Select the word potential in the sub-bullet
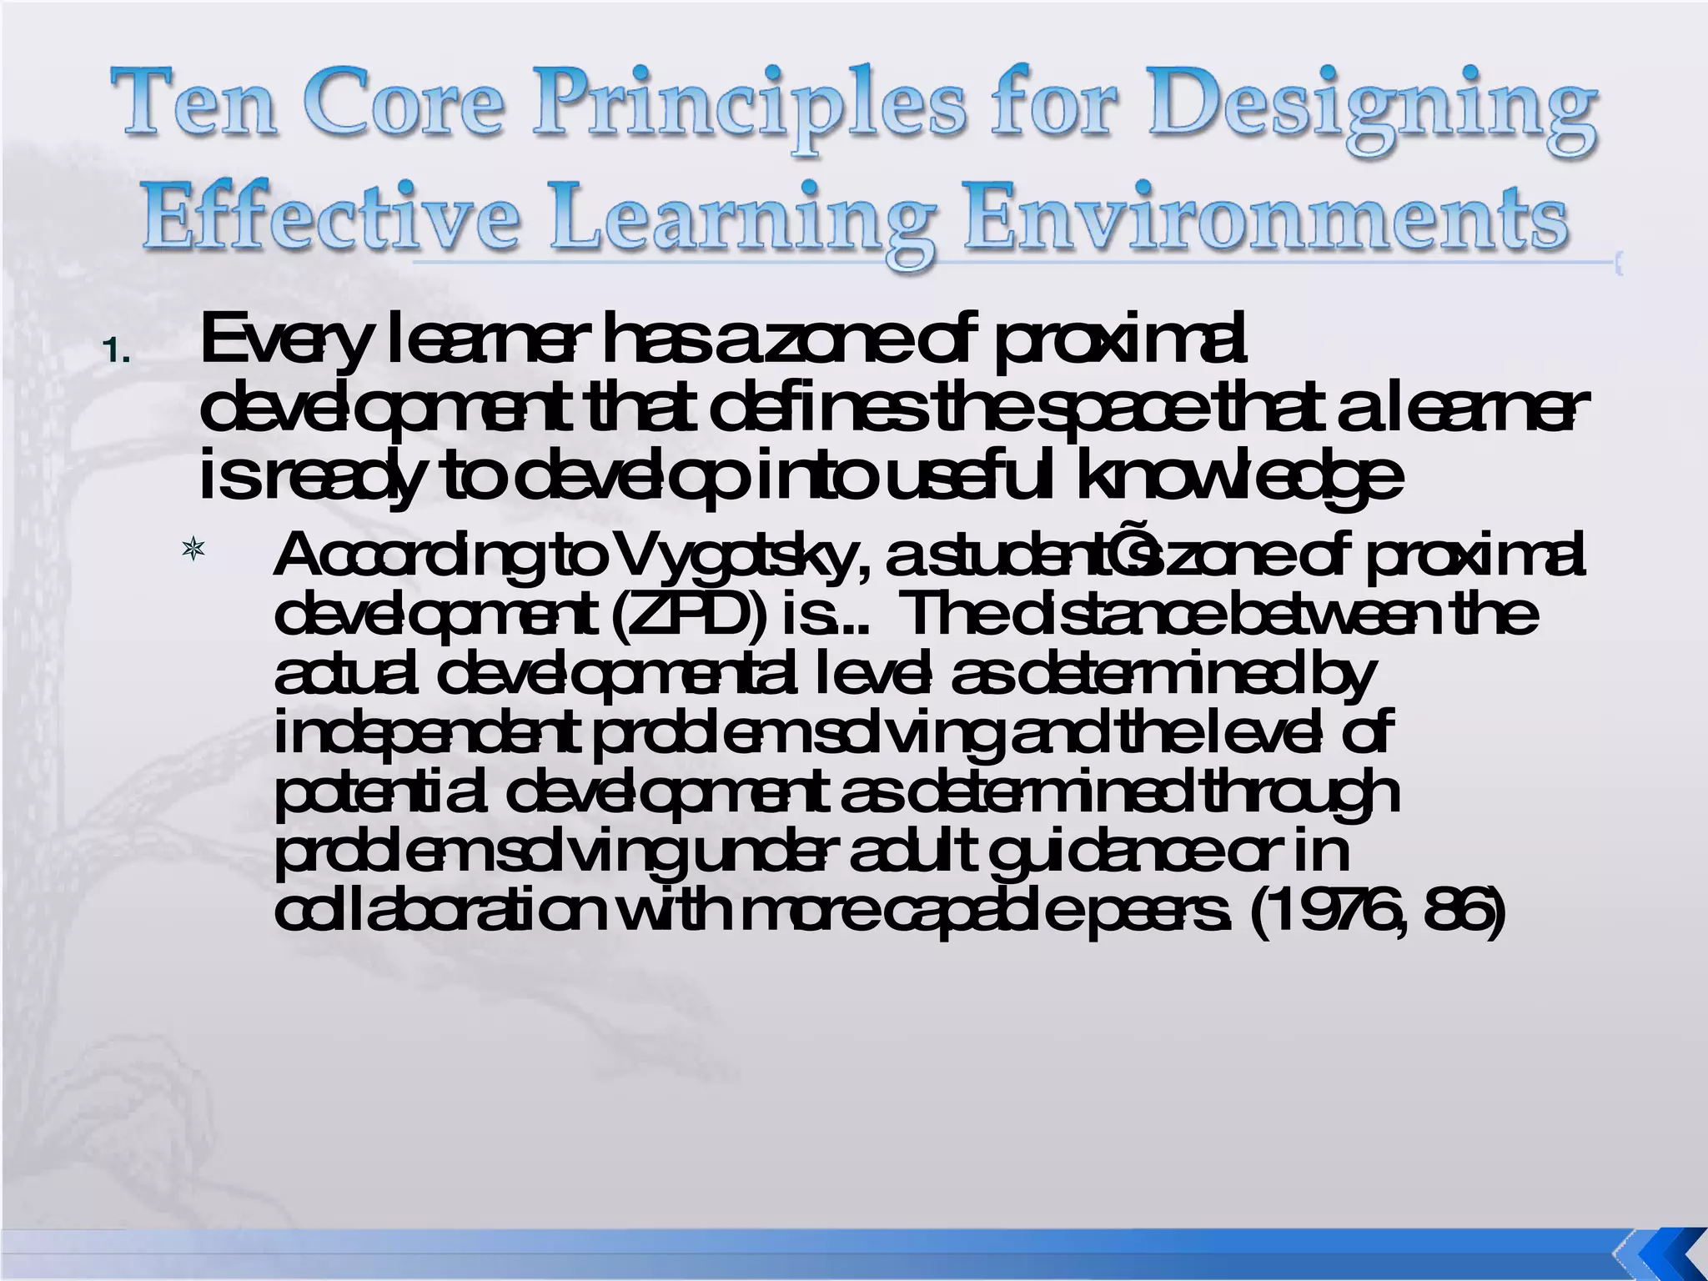pos(379,793)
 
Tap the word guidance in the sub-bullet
pos(1118,852)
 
